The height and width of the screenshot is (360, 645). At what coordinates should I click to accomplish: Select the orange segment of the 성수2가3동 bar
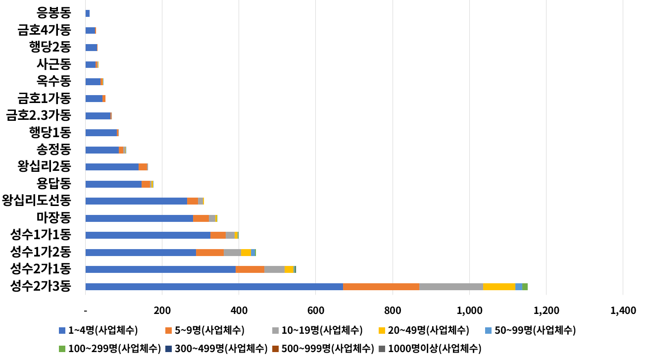(x=381, y=287)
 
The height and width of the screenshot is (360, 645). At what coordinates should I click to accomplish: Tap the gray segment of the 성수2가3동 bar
(x=451, y=287)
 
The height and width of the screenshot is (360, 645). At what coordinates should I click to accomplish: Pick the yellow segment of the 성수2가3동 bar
(x=499, y=287)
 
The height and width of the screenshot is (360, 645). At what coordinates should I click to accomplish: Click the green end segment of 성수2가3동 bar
(x=525, y=287)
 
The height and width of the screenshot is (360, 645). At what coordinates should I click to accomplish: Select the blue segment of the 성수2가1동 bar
(x=160, y=269)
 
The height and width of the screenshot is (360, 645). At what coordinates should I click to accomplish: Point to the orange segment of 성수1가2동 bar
(x=210, y=253)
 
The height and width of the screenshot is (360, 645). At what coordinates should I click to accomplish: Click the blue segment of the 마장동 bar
(x=139, y=218)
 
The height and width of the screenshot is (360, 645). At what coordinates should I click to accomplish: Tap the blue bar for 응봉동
(x=88, y=13)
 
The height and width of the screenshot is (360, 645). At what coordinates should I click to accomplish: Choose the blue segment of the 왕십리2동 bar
(x=112, y=167)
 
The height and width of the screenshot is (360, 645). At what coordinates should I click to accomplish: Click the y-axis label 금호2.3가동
(x=38, y=116)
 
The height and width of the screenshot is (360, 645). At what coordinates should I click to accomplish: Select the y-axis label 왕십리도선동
(x=36, y=201)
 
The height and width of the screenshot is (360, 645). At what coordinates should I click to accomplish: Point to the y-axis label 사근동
(x=54, y=64)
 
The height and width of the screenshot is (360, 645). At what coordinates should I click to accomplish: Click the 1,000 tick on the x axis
(x=469, y=311)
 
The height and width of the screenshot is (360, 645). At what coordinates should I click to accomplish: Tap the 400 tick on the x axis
(x=239, y=311)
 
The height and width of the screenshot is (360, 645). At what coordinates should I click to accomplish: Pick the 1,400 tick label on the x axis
(x=623, y=311)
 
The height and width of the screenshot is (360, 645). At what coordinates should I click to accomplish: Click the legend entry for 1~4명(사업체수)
(x=98, y=330)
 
